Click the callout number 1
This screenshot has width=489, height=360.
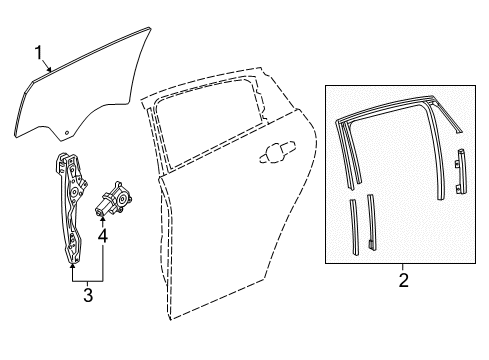pos(39,53)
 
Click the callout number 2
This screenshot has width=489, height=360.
pos(404,280)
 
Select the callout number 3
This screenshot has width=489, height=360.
pos(88,295)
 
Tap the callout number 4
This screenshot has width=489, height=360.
pos(103,236)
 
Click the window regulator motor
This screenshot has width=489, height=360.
pos(113,199)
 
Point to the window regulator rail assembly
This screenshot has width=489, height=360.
pos(71,208)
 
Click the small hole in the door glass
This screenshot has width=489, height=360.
pos(66,133)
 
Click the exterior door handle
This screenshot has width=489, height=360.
pos(277,152)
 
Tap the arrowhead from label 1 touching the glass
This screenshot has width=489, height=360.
pos(49,69)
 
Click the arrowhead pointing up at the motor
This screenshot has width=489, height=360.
pos(103,220)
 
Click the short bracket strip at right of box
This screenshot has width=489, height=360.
pos(460,171)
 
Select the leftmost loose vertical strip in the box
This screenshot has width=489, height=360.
pos(354,227)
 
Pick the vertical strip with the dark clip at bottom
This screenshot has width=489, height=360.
pos(372,222)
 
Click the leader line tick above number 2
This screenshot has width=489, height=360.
pos(403,267)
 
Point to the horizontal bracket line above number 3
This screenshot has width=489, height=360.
pos(88,282)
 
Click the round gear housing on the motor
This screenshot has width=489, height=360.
pos(123,200)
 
